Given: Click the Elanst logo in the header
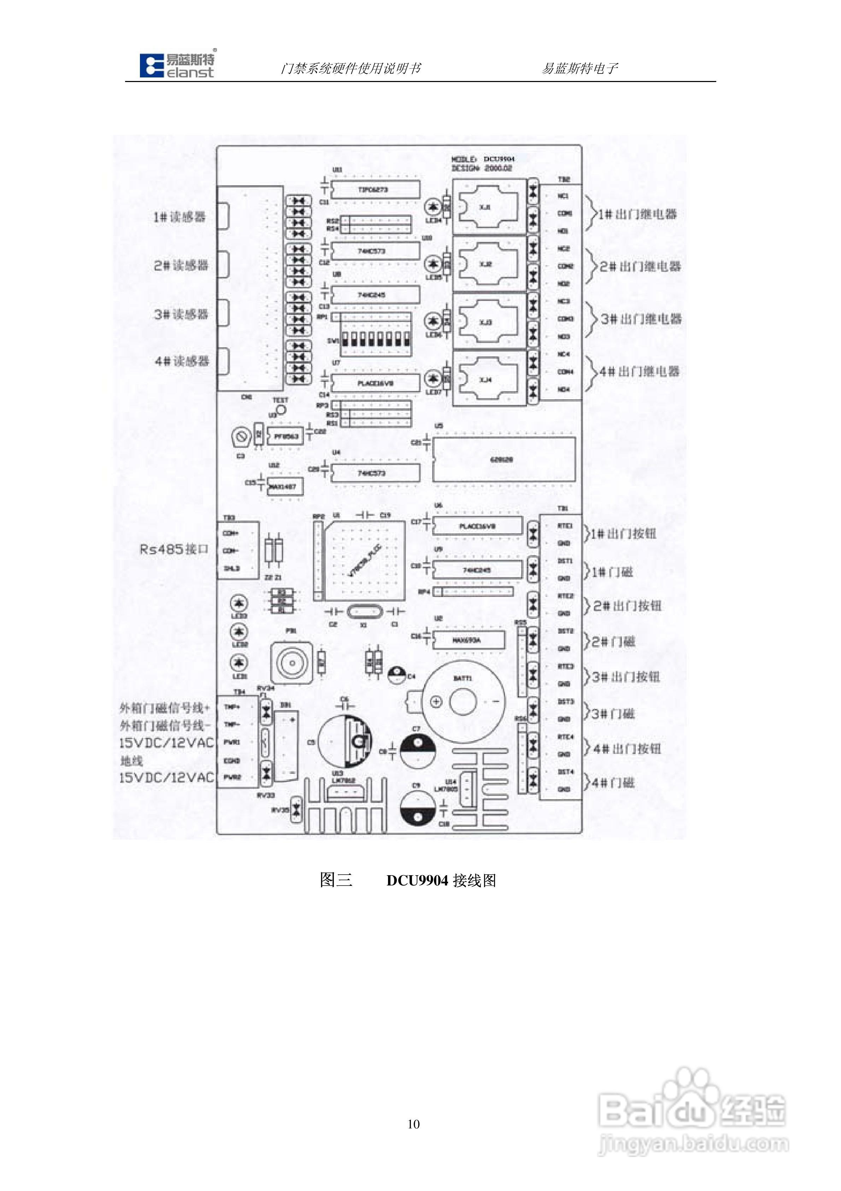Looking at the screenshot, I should pyautogui.click(x=177, y=66).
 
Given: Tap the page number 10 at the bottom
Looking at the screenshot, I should pyautogui.click(x=413, y=1125).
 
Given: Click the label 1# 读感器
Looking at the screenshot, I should pyautogui.click(x=180, y=217).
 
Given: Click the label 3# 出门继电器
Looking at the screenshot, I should pyautogui.click(x=641, y=319).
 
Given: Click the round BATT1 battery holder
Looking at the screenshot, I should pyautogui.click(x=463, y=702).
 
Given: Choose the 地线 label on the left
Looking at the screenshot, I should pyautogui.click(x=132, y=760).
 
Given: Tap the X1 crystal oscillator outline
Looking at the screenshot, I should pyautogui.click(x=364, y=612).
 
